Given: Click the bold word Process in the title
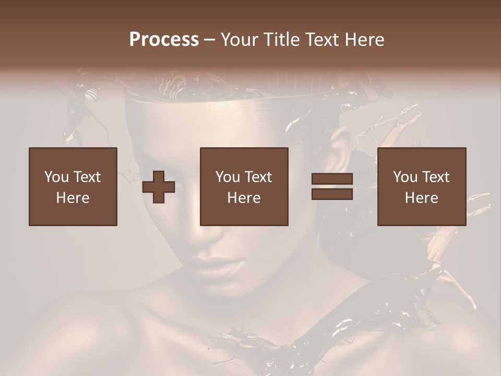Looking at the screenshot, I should pos(164,40).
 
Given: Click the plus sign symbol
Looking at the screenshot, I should pos(159,187).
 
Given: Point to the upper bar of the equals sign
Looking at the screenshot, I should pos(332,179).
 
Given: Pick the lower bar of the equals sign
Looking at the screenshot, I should pos(332,194).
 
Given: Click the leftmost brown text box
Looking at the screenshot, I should pos(73,186).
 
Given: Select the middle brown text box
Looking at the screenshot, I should pos(244,186).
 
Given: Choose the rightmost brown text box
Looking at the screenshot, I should pos(422,186).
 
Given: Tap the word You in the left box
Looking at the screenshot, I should pos(56,177).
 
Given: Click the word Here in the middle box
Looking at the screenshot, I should pos(244,198).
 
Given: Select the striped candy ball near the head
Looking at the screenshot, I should pos(92,96).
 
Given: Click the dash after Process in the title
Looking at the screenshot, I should pos(210,40).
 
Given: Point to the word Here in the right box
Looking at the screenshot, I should pos(422,198).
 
